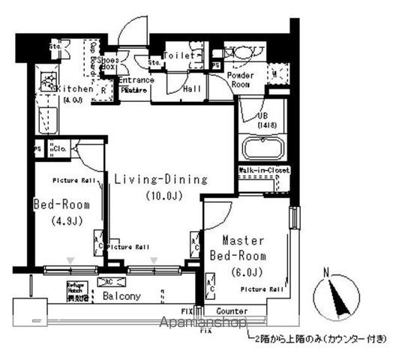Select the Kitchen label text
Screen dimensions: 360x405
pos(75,88)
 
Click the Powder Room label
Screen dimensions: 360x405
pos(241,79)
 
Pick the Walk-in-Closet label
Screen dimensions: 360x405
pos(265,170)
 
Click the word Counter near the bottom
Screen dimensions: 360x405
pos(232,310)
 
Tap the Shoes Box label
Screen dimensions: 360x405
pos(109,62)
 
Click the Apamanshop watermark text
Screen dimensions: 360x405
pos(202,324)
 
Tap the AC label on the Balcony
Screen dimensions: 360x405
pos(106,281)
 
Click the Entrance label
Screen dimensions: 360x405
pos(136,80)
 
